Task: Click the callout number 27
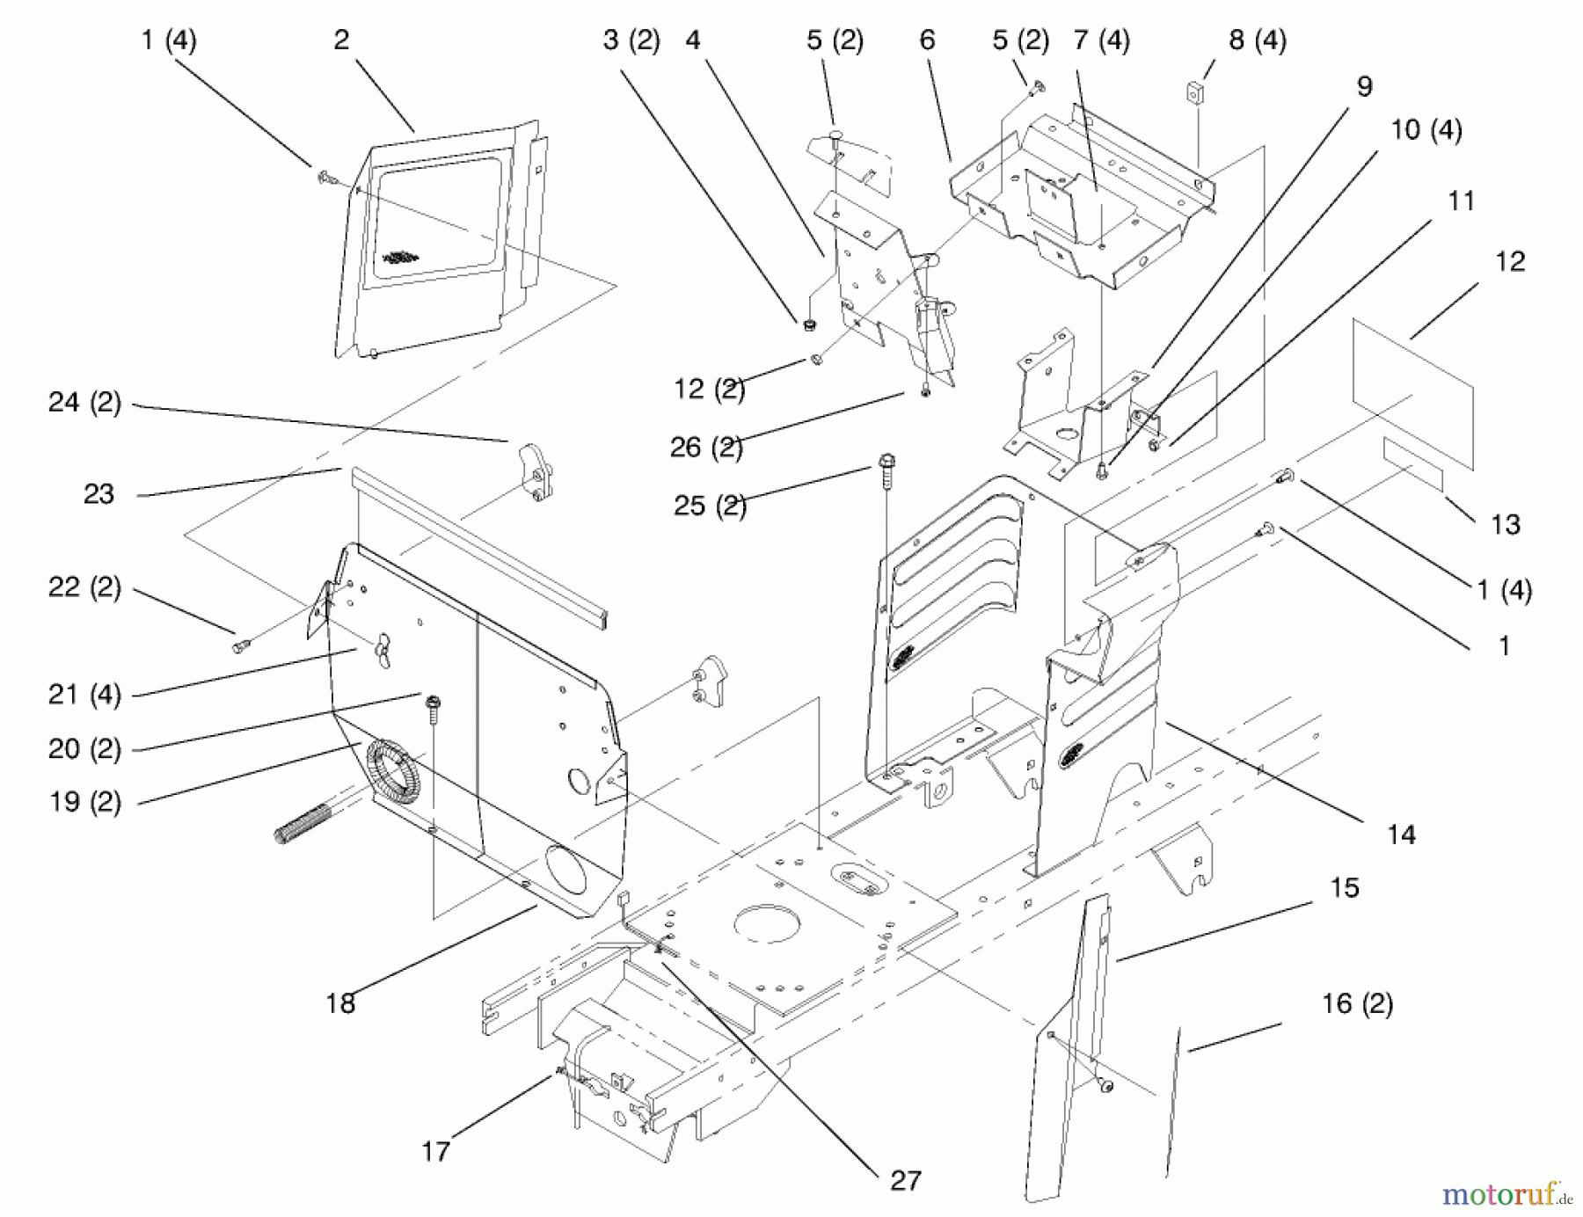(x=906, y=1180)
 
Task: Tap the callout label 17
(x=435, y=1150)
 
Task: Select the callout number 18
(x=340, y=1002)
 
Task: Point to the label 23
(x=98, y=494)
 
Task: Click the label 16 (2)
(x=1358, y=1003)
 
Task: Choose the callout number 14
(x=1401, y=834)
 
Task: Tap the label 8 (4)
(x=1258, y=40)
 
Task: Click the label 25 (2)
(x=711, y=506)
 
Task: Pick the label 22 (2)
(x=84, y=587)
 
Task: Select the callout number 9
(x=1364, y=86)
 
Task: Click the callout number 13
(x=1506, y=524)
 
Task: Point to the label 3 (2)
(x=631, y=40)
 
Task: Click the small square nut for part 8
(x=1195, y=91)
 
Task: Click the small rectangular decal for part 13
(x=1413, y=463)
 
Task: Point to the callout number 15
(x=1344, y=887)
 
